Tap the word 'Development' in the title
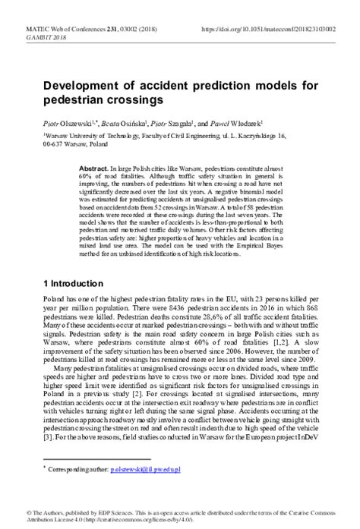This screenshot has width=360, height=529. (86, 85)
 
